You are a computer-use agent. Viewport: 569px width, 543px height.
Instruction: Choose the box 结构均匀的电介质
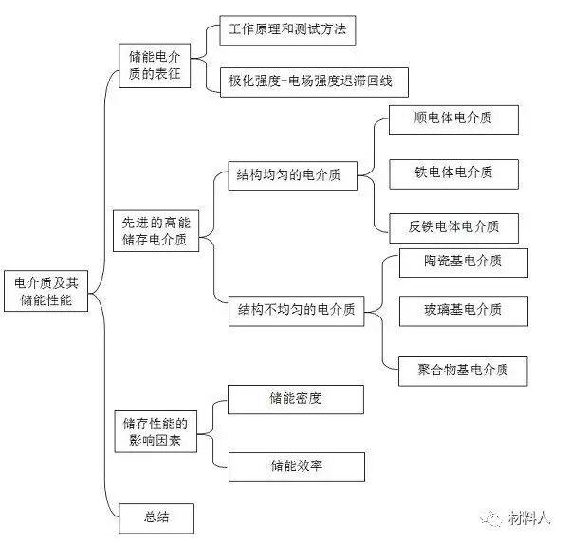[289, 175]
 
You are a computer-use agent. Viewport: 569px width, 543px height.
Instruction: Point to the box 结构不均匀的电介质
[296, 310]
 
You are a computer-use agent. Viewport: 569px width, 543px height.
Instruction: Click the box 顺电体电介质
[453, 120]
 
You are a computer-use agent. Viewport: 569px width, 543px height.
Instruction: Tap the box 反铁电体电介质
[453, 227]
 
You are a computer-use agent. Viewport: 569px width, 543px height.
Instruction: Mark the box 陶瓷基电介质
[462, 262]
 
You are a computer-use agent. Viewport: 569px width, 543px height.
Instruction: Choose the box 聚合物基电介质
[462, 370]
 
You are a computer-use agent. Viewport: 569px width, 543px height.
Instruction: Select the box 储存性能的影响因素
[156, 431]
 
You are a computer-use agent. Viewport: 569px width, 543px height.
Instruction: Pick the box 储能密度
[295, 399]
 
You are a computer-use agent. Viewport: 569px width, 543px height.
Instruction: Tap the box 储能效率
[295, 466]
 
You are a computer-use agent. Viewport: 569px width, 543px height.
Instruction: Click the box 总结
[156, 518]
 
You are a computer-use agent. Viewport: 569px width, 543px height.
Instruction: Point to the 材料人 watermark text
[528, 519]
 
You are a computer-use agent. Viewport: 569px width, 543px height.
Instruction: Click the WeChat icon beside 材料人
[491, 519]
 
